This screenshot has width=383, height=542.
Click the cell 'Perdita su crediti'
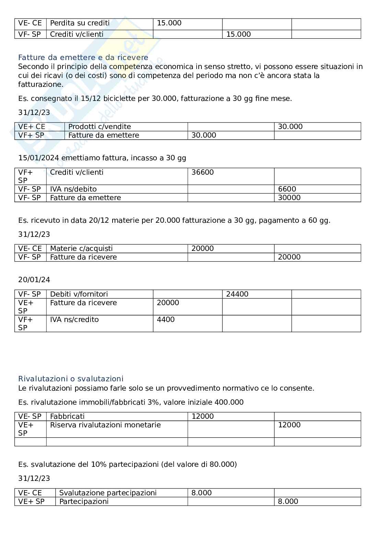(x=80, y=23)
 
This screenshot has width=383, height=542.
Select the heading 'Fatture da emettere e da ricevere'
(x=83, y=57)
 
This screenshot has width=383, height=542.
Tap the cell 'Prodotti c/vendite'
(x=100, y=127)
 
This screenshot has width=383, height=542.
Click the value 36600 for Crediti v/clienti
(x=202, y=172)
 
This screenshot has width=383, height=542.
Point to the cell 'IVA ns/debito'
(x=73, y=189)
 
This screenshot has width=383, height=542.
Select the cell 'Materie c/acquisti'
(x=81, y=249)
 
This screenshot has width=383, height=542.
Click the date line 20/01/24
(x=34, y=280)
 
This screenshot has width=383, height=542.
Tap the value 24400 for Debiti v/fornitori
(x=237, y=294)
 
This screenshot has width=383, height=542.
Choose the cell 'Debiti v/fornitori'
(x=79, y=294)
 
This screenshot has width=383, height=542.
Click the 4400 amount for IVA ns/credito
(x=166, y=320)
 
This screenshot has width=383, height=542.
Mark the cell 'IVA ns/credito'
(x=74, y=320)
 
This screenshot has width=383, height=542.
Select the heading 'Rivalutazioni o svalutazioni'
(x=71, y=379)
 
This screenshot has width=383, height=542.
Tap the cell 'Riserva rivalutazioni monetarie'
(x=105, y=425)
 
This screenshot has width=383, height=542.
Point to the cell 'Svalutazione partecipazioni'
(x=108, y=493)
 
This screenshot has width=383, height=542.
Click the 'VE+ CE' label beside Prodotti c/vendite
(x=32, y=127)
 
